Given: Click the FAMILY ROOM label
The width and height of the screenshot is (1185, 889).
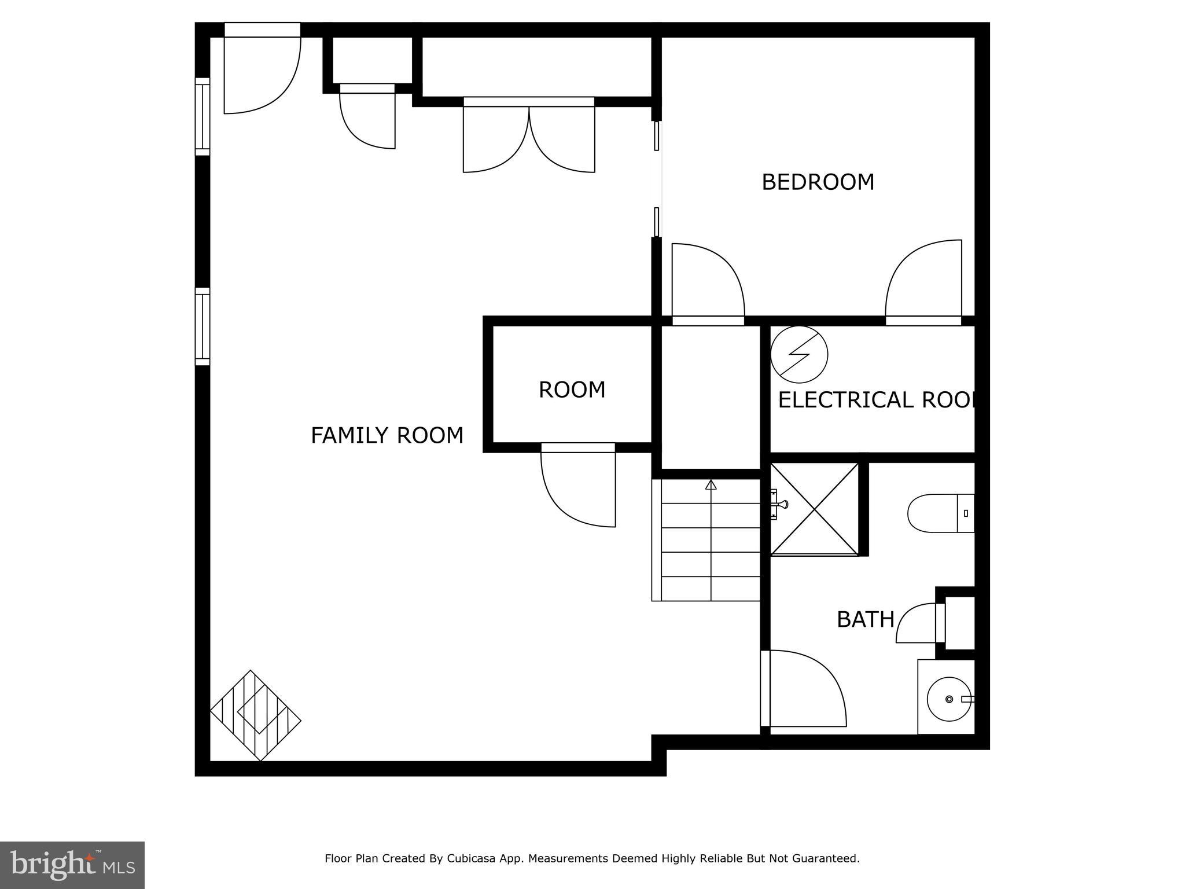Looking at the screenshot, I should [x=387, y=435].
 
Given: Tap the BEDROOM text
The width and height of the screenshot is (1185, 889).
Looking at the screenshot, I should [x=818, y=182].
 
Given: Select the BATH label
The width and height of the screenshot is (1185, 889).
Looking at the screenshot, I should [x=866, y=620].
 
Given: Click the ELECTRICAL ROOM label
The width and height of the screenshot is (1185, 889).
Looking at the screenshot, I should [x=877, y=400].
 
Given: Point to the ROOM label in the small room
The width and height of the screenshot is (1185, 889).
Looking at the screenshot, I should [x=572, y=390].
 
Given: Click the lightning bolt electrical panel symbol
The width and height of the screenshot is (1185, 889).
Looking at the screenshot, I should [x=799, y=354].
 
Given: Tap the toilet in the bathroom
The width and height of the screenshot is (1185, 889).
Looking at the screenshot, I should [x=940, y=513].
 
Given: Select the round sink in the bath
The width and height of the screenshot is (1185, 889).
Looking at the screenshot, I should [x=949, y=699].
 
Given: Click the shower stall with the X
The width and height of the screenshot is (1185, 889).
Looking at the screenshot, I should [x=815, y=509].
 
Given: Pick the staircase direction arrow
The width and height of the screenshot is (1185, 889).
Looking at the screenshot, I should [x=711, y=485].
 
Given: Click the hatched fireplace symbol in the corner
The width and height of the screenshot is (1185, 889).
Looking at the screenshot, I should [x=255, y=715].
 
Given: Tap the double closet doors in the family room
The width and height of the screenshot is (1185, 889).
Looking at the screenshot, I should [x=529, y=136].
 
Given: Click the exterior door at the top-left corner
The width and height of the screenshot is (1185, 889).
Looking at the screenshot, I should [x=262, y=69].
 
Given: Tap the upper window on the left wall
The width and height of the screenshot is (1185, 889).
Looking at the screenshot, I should [x=202, y=116].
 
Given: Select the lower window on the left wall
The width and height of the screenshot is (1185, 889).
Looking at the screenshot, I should [x=202, y=327].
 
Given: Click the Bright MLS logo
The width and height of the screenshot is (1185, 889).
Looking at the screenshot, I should [x=72, y=865].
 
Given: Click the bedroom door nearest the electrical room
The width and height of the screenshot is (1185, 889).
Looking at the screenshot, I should [x=923, y=281].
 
